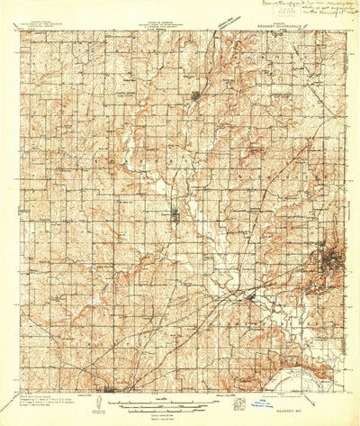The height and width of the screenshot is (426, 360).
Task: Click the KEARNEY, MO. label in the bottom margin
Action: (x=325, y=399)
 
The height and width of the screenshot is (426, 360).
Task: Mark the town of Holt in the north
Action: (x=196, y=95)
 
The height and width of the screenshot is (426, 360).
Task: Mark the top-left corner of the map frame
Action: (x=21, y=32)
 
